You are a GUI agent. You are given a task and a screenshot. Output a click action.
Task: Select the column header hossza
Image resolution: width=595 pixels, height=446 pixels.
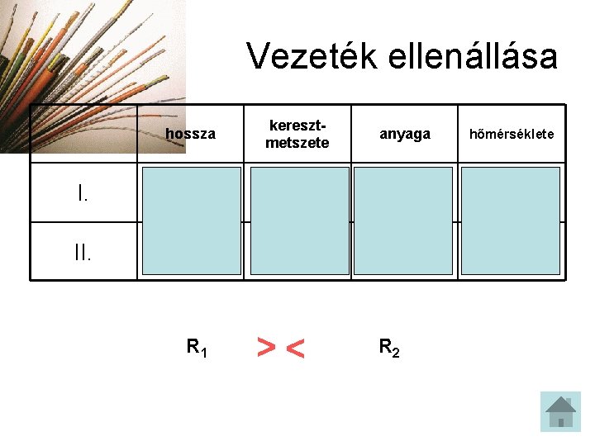(190, 134)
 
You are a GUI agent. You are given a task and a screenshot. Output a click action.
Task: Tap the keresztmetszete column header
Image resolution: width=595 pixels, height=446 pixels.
(297, 134)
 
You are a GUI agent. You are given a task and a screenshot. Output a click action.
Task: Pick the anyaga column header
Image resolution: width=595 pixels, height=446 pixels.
(404, 134)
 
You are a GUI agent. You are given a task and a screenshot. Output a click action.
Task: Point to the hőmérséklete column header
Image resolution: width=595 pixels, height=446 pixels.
(512, 134)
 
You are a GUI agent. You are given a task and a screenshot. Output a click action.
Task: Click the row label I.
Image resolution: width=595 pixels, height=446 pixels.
(83, 194)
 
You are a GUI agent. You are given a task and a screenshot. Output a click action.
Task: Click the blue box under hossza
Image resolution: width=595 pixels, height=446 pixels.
(192, 221)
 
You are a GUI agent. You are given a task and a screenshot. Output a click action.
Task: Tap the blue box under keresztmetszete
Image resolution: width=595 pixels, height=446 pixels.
(299, 221)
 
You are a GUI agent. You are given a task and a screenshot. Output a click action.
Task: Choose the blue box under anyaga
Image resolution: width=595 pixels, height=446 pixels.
(403, 221)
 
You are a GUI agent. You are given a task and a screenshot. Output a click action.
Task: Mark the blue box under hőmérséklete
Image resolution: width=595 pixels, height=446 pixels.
(511, 221)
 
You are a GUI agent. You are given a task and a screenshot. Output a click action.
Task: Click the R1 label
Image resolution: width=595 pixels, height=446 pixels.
(197, 348)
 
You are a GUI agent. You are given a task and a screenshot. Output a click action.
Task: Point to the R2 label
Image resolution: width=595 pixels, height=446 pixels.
(389, 348)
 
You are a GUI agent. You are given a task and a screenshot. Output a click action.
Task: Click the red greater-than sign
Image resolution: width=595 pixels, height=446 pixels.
(266, 348)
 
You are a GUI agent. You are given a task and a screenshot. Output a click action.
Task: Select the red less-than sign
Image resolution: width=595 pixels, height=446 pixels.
(294, 350)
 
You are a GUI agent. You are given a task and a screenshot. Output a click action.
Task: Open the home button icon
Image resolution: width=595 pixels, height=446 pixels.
(560, 410)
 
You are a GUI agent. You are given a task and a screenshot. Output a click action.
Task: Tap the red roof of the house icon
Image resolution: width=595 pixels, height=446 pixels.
(560, 403)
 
